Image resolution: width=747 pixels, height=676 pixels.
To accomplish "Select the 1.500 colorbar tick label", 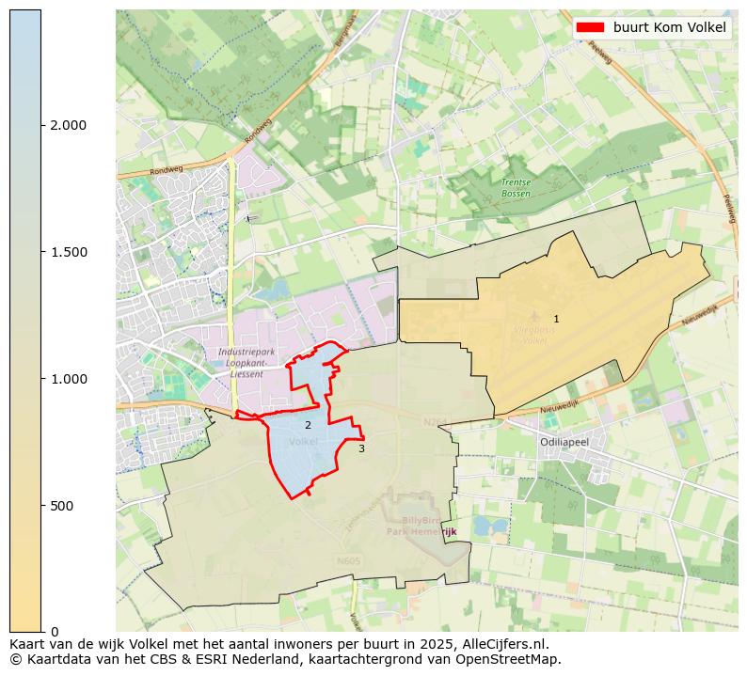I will (x=68, y=252).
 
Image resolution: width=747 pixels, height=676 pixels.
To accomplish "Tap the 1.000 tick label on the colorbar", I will (x=68, y=379).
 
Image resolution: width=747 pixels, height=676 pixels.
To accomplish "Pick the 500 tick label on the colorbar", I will (x=62, y=506).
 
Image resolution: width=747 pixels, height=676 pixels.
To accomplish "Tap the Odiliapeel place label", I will (x=564, y=442).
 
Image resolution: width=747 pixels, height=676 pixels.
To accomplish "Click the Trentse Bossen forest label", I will (x=516, y=188).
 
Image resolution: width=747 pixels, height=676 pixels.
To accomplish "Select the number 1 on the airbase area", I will (x=556, y=320).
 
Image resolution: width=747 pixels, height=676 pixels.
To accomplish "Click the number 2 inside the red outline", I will (x=308, y=426).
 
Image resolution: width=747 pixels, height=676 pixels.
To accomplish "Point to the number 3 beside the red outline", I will (x=361, y=448).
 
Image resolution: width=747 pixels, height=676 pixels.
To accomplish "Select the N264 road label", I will (x=436, y=422).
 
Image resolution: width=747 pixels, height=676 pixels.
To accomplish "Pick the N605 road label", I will (x=348, y=561).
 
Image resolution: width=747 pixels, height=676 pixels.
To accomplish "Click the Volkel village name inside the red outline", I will (x=304, y=441).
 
